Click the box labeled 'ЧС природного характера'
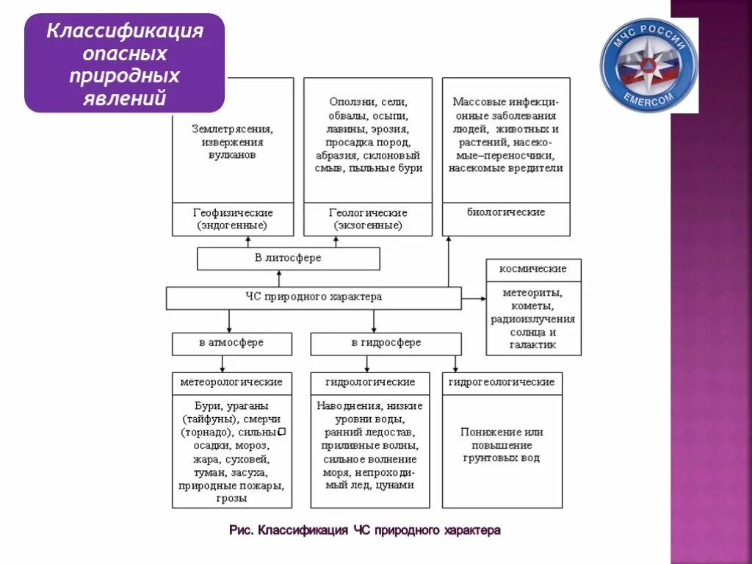click(x=314, y=297)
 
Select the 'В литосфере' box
click(x=288, y=258)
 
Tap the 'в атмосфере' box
click(x=231, y=343)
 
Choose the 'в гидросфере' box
click(x=386, y=343)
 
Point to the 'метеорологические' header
click(x=231, y=383)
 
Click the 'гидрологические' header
click(x=370, y=383)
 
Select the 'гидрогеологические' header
click(x=502, y=383)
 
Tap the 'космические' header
click(x=532, y=270)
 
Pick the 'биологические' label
click(x=506, y=212)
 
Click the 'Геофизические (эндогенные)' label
click(x=233, y=219)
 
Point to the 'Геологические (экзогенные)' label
click(x=368, y=219)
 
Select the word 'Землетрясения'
click(x=233, y=129)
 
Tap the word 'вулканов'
click(x=233, y=155)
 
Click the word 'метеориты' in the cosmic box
click(x=532, y=293)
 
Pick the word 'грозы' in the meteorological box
click(x=231, y=498)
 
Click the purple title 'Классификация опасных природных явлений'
click(x=125, y=64)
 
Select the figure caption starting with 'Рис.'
click(x=364, y=529)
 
